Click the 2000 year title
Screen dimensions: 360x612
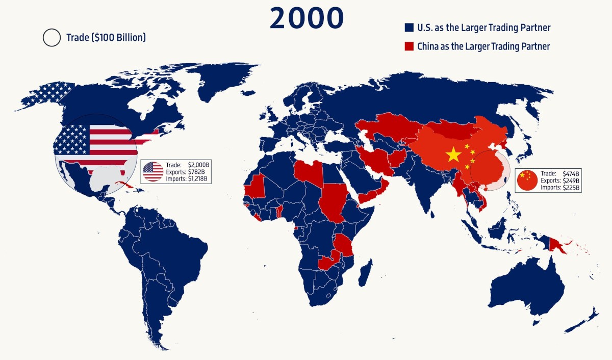(x=307, y=18)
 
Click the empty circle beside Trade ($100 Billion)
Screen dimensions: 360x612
(x=52, y=37)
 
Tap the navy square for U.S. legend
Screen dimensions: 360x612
(x=408, y=28)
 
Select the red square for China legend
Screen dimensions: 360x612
(x=408, y=46)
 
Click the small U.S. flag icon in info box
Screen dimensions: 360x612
(x=152, y=172)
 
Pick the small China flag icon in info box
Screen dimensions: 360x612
(x=527, y=180)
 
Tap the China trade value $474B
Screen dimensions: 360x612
(x=570, y=174)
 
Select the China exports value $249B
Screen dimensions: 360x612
(x=570, y=181)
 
